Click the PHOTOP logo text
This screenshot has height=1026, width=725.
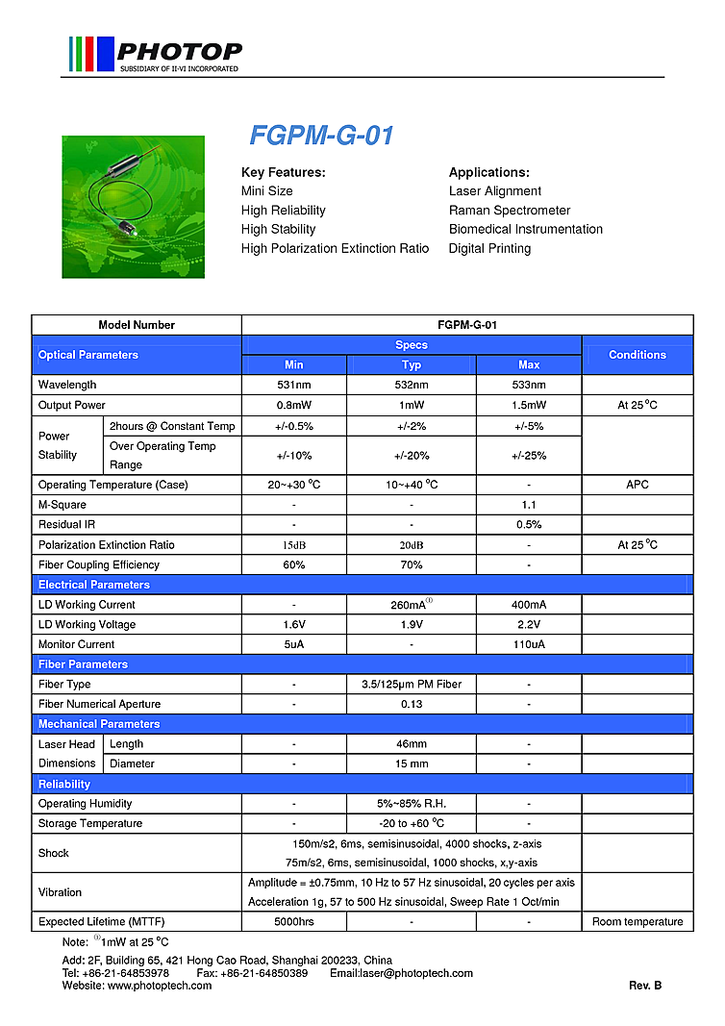tap(178, 51)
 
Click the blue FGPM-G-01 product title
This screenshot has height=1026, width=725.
tap(321, 136)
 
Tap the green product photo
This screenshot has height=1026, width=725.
tap(133, 207)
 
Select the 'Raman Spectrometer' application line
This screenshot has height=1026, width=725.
tap(510, 211)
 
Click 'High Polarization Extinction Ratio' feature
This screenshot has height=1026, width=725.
tap(335, 249)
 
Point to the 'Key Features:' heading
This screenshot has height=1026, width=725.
tap(283, 173)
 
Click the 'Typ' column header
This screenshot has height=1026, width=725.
tap(412, 365)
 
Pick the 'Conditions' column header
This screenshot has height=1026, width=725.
tap(637, 355)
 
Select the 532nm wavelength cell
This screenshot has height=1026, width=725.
tap(412, 386)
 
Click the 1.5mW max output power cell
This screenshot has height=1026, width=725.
tap(529, 406)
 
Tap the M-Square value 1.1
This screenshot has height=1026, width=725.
tap(529, 505)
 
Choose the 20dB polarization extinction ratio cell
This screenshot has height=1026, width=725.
tap(412, 545)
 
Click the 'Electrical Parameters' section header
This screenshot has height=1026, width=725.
tap(94, 585)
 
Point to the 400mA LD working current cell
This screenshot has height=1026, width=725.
tap(529, 605)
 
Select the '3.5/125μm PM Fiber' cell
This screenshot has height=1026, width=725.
tap(412, 685)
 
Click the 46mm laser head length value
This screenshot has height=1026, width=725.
tap(412, 744)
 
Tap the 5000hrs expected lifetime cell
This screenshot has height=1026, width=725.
tap(293, 922)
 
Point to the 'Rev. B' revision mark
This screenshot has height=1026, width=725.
tap(645, 986)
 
